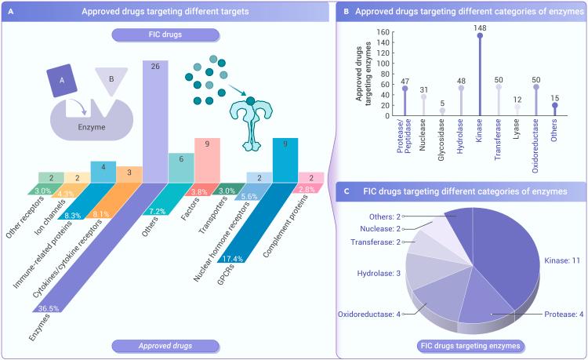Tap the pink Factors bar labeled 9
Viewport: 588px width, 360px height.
click(207, 157)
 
